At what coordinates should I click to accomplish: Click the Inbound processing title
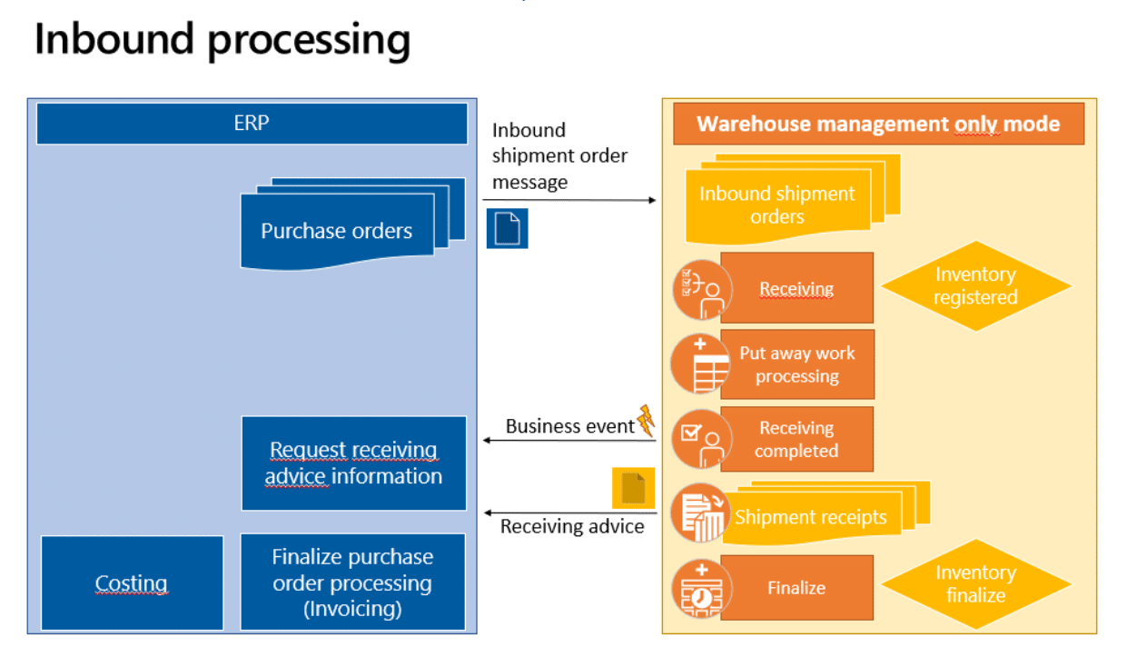[222, 41]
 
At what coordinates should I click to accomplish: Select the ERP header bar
[252, 124]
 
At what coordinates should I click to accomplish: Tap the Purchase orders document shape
[337, 231]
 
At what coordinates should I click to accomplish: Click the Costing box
[132, 583]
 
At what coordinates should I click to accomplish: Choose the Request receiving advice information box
[353, 463]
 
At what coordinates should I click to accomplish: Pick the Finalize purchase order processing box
[352, 582]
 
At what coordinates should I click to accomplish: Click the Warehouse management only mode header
[878, 124]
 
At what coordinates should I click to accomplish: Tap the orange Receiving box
[796, 289]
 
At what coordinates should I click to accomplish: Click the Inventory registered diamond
[975, 286]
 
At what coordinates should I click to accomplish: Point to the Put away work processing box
[796, 365]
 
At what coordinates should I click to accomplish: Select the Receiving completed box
[796, 440]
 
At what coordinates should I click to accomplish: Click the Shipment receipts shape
[810, 517]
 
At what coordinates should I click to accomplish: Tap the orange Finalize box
[796, 588]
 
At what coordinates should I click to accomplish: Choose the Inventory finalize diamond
[975, 584]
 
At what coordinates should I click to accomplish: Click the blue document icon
[507, 228]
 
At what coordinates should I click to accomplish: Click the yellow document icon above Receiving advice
[633, 488]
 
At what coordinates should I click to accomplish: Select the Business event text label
[569, 426]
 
